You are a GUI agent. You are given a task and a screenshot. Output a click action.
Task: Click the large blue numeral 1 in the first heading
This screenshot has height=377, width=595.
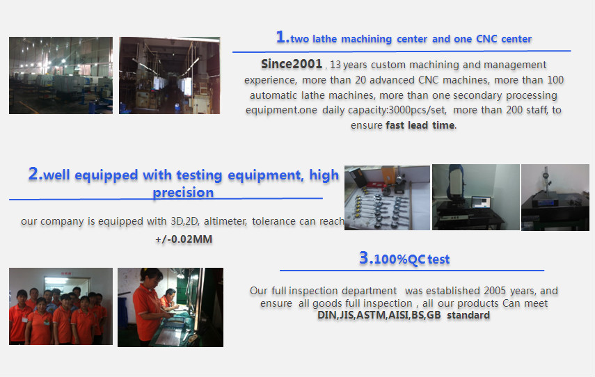[281, 37]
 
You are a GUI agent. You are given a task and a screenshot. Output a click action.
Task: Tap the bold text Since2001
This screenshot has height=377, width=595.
[292, 64]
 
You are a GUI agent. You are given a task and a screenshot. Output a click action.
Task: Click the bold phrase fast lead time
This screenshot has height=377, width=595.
[420, 125]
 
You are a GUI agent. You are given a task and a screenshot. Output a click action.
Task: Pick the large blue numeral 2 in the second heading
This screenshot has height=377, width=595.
[33, 174]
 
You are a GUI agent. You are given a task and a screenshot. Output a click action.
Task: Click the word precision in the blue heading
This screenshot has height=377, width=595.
[183, 193]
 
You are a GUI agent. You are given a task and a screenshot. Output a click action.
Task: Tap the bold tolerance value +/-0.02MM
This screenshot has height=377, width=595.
[184, 239]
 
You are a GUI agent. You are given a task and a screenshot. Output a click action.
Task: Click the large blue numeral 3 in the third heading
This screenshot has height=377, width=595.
[363, 257]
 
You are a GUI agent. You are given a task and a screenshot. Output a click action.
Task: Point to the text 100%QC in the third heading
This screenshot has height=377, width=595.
[399, 259]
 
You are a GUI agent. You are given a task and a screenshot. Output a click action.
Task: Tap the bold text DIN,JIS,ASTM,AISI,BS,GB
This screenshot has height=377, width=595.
[379, 315]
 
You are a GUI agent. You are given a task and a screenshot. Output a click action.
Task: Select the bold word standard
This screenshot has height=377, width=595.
[468, 315]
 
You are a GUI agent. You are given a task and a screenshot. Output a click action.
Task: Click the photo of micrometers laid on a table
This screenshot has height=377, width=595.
[387, 198]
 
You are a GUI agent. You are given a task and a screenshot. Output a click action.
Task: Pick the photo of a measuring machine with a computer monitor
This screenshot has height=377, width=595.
[476, 198]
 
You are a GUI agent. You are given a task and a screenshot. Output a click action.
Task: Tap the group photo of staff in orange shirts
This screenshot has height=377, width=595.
[61, 307]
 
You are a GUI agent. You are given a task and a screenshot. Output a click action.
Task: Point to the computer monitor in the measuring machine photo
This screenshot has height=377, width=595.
[481, 203]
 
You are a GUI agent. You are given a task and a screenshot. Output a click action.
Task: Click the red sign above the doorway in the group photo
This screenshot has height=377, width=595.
[66, 273]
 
